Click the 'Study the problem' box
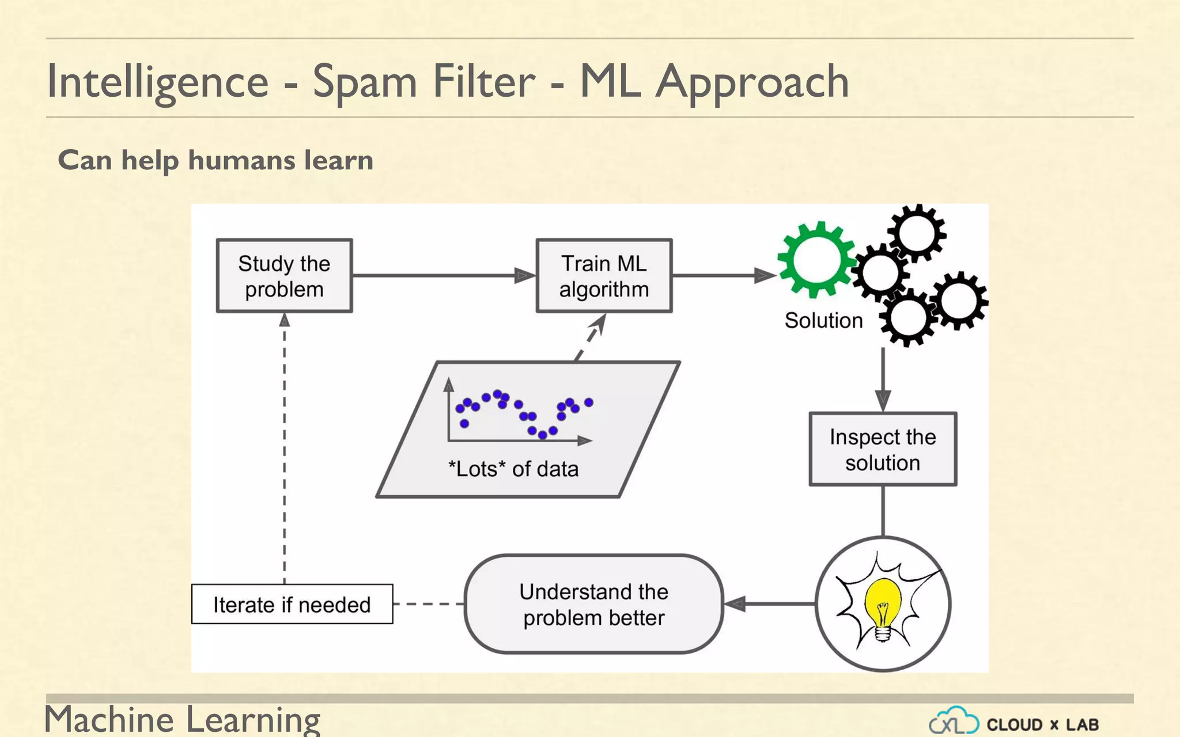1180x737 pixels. pyautogui.click(x=284, y=276)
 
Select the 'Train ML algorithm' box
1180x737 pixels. pyautogui.click(x=604, y=276)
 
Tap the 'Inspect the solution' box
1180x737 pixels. pyautogui.click(x=883, y=449)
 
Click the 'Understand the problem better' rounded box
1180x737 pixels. pyautogui.click(x=593, y=604)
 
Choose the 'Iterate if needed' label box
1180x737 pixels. pyautogui.click(x=292, y=604)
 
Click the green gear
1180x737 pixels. pyautogui.click(x=816, y=259)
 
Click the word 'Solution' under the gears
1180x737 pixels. pyautogui.click(x=823, y=320)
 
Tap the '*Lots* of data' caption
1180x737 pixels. pyautogui.click(x=513, y=469)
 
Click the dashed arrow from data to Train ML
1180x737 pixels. pyautogui.click(x=591, y=337)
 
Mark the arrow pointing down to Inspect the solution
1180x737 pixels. pyautogui.click(x=883, y=380)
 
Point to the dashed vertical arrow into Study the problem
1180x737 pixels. pyautogui.click(x=284, y=449)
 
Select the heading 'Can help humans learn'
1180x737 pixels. pyautogui.click(x=215, y=160)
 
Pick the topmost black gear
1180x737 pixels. pyautogui.click(x=916, y=233)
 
